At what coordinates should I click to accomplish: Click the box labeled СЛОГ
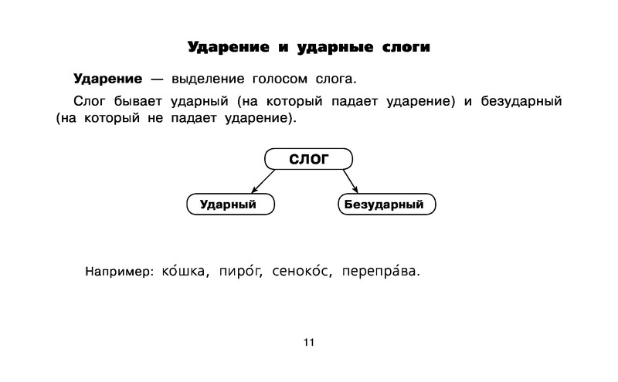(x=308, y=159)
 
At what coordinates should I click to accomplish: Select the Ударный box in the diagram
(x=230, y=204)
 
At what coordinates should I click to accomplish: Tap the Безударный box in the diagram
(x=387, y=204)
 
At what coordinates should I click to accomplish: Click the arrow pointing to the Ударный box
(x=263, y=181)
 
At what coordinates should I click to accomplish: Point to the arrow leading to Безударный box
(x=351, y=181)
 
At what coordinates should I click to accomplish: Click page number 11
(x=309, y=342)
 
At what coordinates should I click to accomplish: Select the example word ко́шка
(x=183, y=270)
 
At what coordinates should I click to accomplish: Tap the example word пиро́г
(x=240, y=270)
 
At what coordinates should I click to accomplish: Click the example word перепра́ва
(x=379, y=270)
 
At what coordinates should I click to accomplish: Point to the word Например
(x=117, y=272)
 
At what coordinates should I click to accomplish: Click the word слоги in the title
(x=406, y=47)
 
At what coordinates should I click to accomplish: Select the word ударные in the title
(x=335, y=47)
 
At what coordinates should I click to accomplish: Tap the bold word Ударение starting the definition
(x=107, y=79)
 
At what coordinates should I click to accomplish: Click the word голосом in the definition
(x=280, y=79)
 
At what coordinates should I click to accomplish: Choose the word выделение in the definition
(x=208, y=79)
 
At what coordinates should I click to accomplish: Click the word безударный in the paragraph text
(x=521, y=101)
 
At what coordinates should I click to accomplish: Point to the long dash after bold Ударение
(x=157, y=79)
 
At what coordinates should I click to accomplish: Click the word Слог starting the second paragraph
(x=90, y=101)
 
